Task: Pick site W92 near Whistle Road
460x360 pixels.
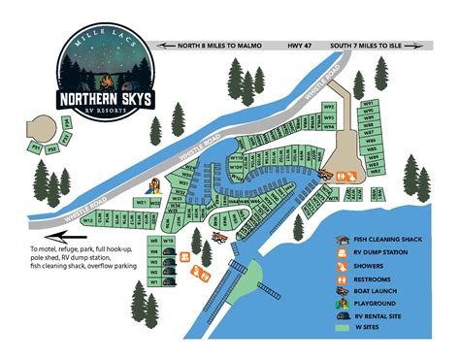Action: [x=329, y=106]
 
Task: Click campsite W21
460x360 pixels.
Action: [x=143, y=203]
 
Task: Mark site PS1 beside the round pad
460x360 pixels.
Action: [x=35, y=147]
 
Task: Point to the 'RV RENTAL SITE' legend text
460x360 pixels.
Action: [x=387, y=315]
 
